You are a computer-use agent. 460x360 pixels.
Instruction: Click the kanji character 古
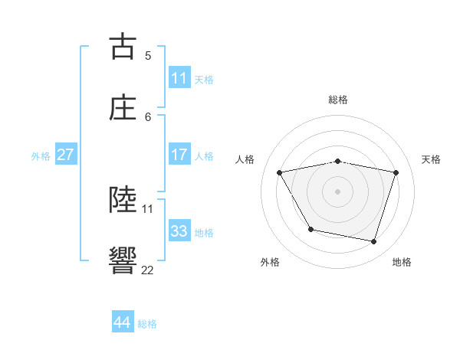pyautogui.click(x=123, y=47)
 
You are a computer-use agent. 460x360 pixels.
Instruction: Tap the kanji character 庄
pyautogui.click(x=123, y=107)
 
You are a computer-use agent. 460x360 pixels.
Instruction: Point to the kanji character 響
pyautogui.click(x=123, y=260)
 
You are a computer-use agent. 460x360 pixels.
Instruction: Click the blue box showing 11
pyautogui.click(x=179, y=77)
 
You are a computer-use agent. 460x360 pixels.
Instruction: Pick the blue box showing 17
pyautogui.click(x=179, y=155)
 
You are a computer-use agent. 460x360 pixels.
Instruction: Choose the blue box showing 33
pyautogui.click(x=179, y=231)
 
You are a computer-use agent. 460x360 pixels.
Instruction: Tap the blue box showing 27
pyautogui.click(x=65, y=155)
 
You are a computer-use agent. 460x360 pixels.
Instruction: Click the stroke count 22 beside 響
pyautogui.click(x=147, y=270)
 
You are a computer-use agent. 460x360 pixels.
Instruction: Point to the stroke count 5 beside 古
pyautogui.click(x=148, y=55)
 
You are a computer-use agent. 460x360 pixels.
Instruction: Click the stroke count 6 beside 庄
pyautogui.click(x=148, y=116)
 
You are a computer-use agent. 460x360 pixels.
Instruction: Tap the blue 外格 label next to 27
pyautogui.click(x=41, y=155)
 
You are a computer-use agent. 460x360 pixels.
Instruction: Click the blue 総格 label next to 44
pyautogui.click(x=147, y=323)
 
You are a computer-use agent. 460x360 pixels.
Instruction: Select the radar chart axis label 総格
pyautogui.click(x=337, y=100)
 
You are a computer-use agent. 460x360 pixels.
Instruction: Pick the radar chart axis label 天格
pyautogui.click(x=432, y=159)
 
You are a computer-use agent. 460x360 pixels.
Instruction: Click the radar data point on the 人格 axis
pyautogui.click(x=280, y=172)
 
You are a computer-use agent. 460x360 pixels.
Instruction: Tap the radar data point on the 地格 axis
pyautogui.click(x=374, y=242)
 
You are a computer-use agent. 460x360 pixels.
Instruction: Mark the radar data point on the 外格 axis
pyautogui.click(x=310, y=229)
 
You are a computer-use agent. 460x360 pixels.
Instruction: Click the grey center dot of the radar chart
pyautogui.click(x=337, y=191)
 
